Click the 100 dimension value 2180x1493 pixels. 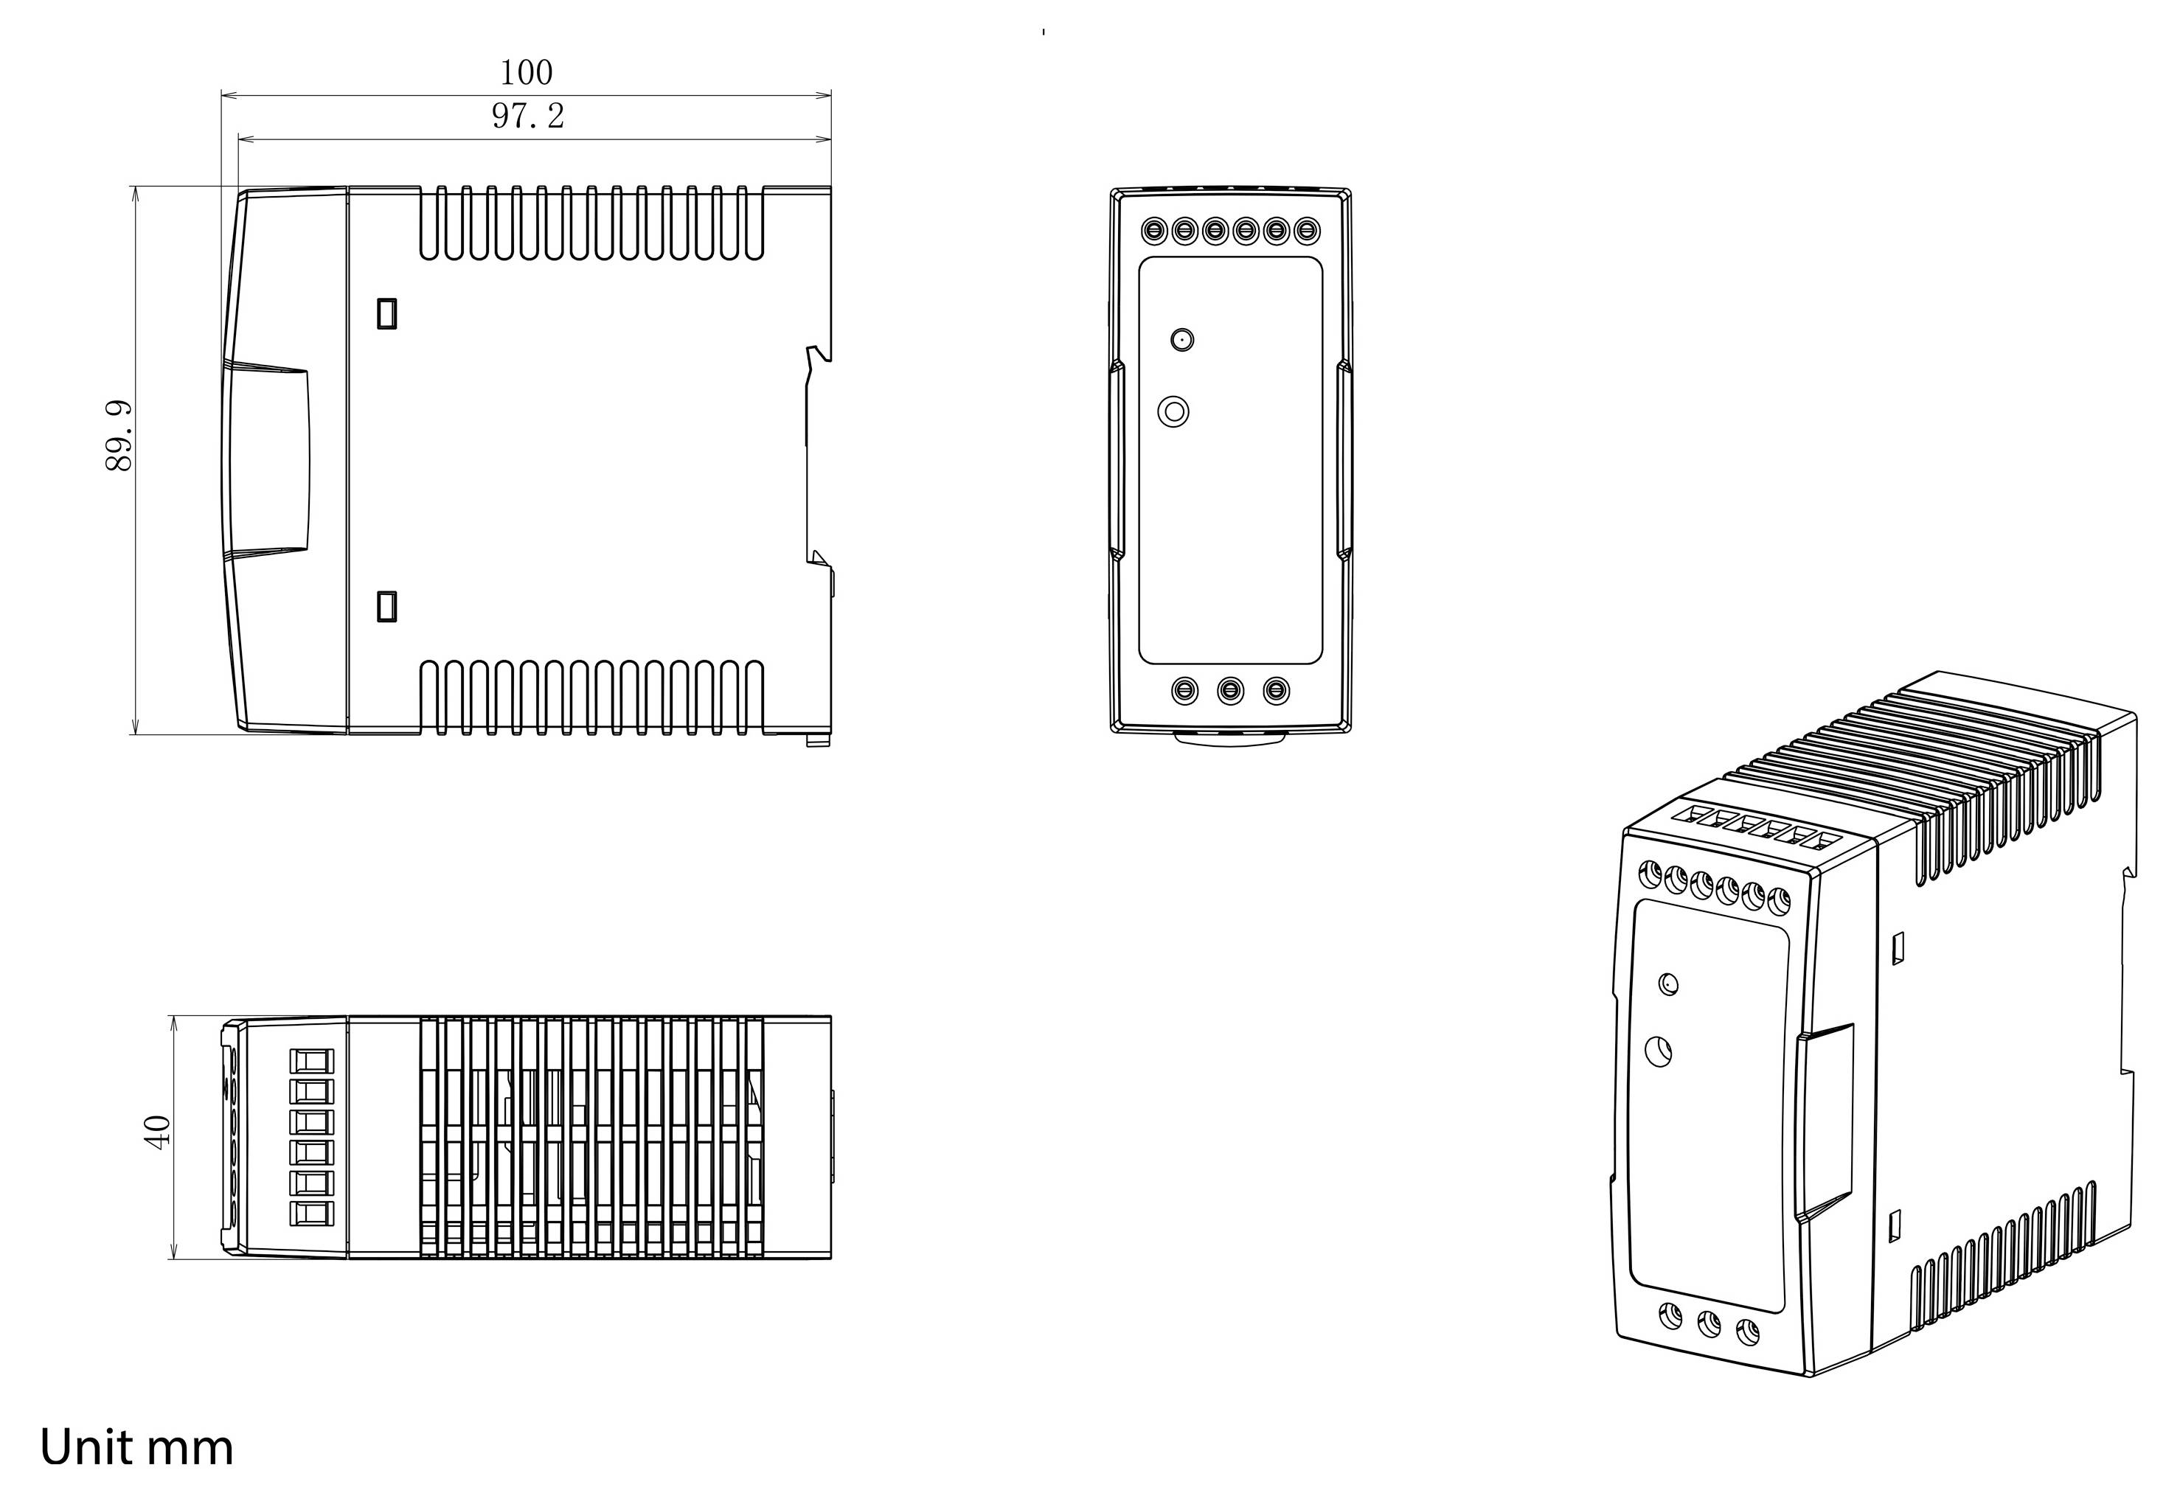[527, 72]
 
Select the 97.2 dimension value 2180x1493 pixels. [528, 116]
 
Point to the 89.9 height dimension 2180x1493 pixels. [119, 435]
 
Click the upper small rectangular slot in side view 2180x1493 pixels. [386, 313]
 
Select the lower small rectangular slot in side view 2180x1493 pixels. [386, 606]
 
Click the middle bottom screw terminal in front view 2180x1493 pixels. [1231, 691]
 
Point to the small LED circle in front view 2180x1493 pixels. [1182, 339]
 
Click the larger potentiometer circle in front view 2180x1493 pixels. [1173, 411]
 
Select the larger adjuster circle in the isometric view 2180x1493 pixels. [1659, 1051]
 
